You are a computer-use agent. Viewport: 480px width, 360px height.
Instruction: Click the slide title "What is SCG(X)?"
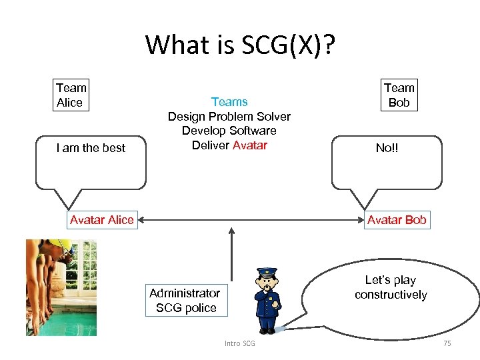(240, 45)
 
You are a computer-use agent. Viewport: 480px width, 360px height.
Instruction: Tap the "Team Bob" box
(399, 95)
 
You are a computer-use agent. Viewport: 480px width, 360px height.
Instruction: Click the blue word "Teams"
(229, 102)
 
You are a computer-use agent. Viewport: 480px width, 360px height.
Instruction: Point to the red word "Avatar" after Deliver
(249, 145)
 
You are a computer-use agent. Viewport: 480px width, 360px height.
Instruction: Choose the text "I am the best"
(91, 148)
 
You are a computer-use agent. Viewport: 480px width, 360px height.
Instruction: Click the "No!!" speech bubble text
(387, 148)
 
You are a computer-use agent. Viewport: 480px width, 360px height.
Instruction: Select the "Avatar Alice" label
(101, 220)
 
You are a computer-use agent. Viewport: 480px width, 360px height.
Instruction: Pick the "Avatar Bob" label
(397, 220)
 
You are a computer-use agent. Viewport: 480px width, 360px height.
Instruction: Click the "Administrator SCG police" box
(185, 300)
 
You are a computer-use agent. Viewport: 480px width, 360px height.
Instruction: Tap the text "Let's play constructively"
(391, 287)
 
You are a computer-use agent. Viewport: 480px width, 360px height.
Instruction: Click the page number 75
(447, 343)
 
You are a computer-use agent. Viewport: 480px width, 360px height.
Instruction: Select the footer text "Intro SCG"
(239, 343)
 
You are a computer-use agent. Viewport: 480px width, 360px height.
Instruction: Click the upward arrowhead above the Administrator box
(231, 231)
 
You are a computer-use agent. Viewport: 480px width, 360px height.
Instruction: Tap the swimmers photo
(61, 287)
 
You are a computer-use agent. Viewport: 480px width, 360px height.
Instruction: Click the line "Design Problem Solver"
(229, 117)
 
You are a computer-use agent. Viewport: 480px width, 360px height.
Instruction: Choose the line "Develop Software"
(229, 131)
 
